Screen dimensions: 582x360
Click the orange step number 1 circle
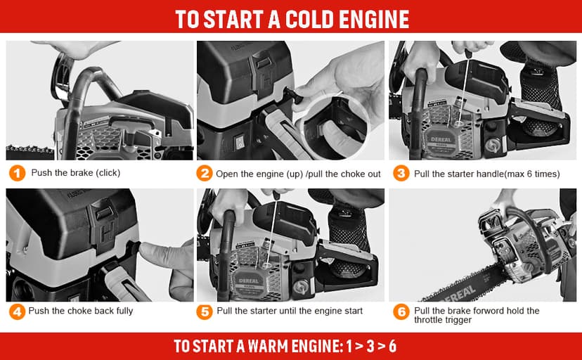[17, 173]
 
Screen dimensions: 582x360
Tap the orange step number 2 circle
[205, 173]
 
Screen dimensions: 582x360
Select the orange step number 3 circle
[401, 173]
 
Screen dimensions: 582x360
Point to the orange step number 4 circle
[17, 311]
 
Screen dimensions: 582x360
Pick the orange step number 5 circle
[205, 311]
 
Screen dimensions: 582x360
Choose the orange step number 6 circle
[401, 311]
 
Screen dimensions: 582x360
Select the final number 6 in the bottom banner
[392, 346]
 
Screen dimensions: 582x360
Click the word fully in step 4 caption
[124, 311]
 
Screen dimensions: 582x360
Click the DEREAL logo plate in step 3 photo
[441, 141]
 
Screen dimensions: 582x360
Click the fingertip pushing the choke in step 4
[147, 250]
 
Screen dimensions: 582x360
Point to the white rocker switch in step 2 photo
[240, 142]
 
